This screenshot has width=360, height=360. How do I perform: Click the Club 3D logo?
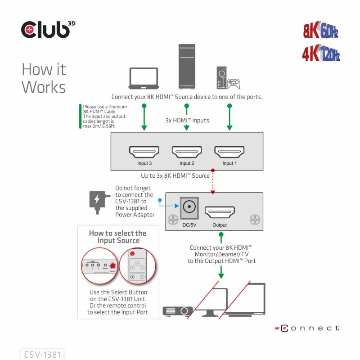48,30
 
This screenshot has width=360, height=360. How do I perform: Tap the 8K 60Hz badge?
320,31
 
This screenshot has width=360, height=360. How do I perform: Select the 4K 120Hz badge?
320,54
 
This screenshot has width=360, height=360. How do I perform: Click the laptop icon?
144,78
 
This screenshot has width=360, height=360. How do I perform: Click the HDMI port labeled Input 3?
144,152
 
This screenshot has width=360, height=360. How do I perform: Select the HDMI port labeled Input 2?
187,152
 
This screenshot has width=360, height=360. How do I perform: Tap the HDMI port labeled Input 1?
229,152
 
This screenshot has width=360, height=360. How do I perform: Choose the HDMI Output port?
220,211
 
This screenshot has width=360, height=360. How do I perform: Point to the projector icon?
177,311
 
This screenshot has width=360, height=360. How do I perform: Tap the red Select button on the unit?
113,265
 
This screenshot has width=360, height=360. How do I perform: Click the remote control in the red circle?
137,266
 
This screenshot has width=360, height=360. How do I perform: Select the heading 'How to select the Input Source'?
117,237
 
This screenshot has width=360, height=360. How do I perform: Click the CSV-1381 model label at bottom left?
43,354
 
